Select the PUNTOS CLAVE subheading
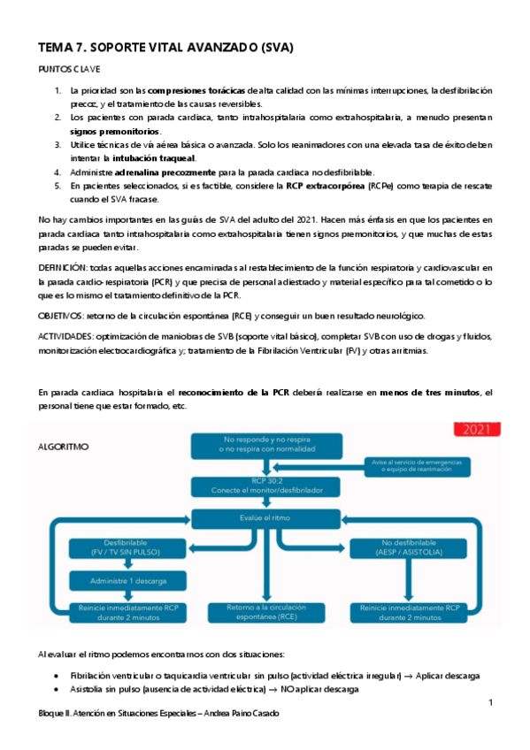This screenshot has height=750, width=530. [69, 68]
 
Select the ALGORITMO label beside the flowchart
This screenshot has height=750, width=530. [64, 447]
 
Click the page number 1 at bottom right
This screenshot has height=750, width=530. [489, 702]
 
